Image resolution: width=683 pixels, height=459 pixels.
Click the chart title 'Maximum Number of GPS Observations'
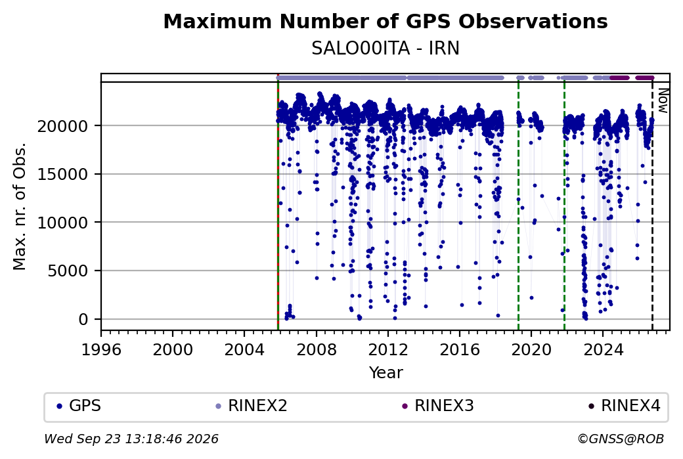[x=386, y=21]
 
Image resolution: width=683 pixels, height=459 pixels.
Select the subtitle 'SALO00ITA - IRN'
[x=386, y=49]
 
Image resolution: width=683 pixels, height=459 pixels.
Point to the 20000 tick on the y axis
[x=63, y=126]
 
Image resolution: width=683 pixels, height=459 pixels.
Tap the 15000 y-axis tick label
[x=63, y=175]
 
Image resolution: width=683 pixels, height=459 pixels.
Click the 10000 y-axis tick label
[x=63, y=223]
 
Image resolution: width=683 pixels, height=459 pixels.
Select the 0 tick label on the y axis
[x=83, y=320]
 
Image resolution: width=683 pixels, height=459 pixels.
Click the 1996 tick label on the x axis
[x=101, y=350]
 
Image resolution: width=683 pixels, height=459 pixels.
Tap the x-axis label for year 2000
[x=173, y=350]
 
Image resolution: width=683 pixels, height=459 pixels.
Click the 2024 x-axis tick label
[x=603, y=350]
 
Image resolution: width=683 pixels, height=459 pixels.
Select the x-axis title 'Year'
[x=386, y=373]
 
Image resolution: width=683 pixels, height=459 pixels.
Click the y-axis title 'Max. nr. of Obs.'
[x=20, y=206]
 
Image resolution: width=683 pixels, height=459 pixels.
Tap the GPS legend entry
[x=79, y=406]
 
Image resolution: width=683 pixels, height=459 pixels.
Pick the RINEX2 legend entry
[x=252, y=406]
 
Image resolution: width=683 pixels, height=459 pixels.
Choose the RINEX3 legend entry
[x=438, y=406]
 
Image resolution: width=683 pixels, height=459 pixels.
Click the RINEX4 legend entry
[x=625, y=406]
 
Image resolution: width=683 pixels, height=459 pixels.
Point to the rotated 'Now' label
[x=663, y=100]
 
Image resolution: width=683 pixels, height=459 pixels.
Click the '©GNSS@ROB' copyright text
[x=621, y=439]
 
